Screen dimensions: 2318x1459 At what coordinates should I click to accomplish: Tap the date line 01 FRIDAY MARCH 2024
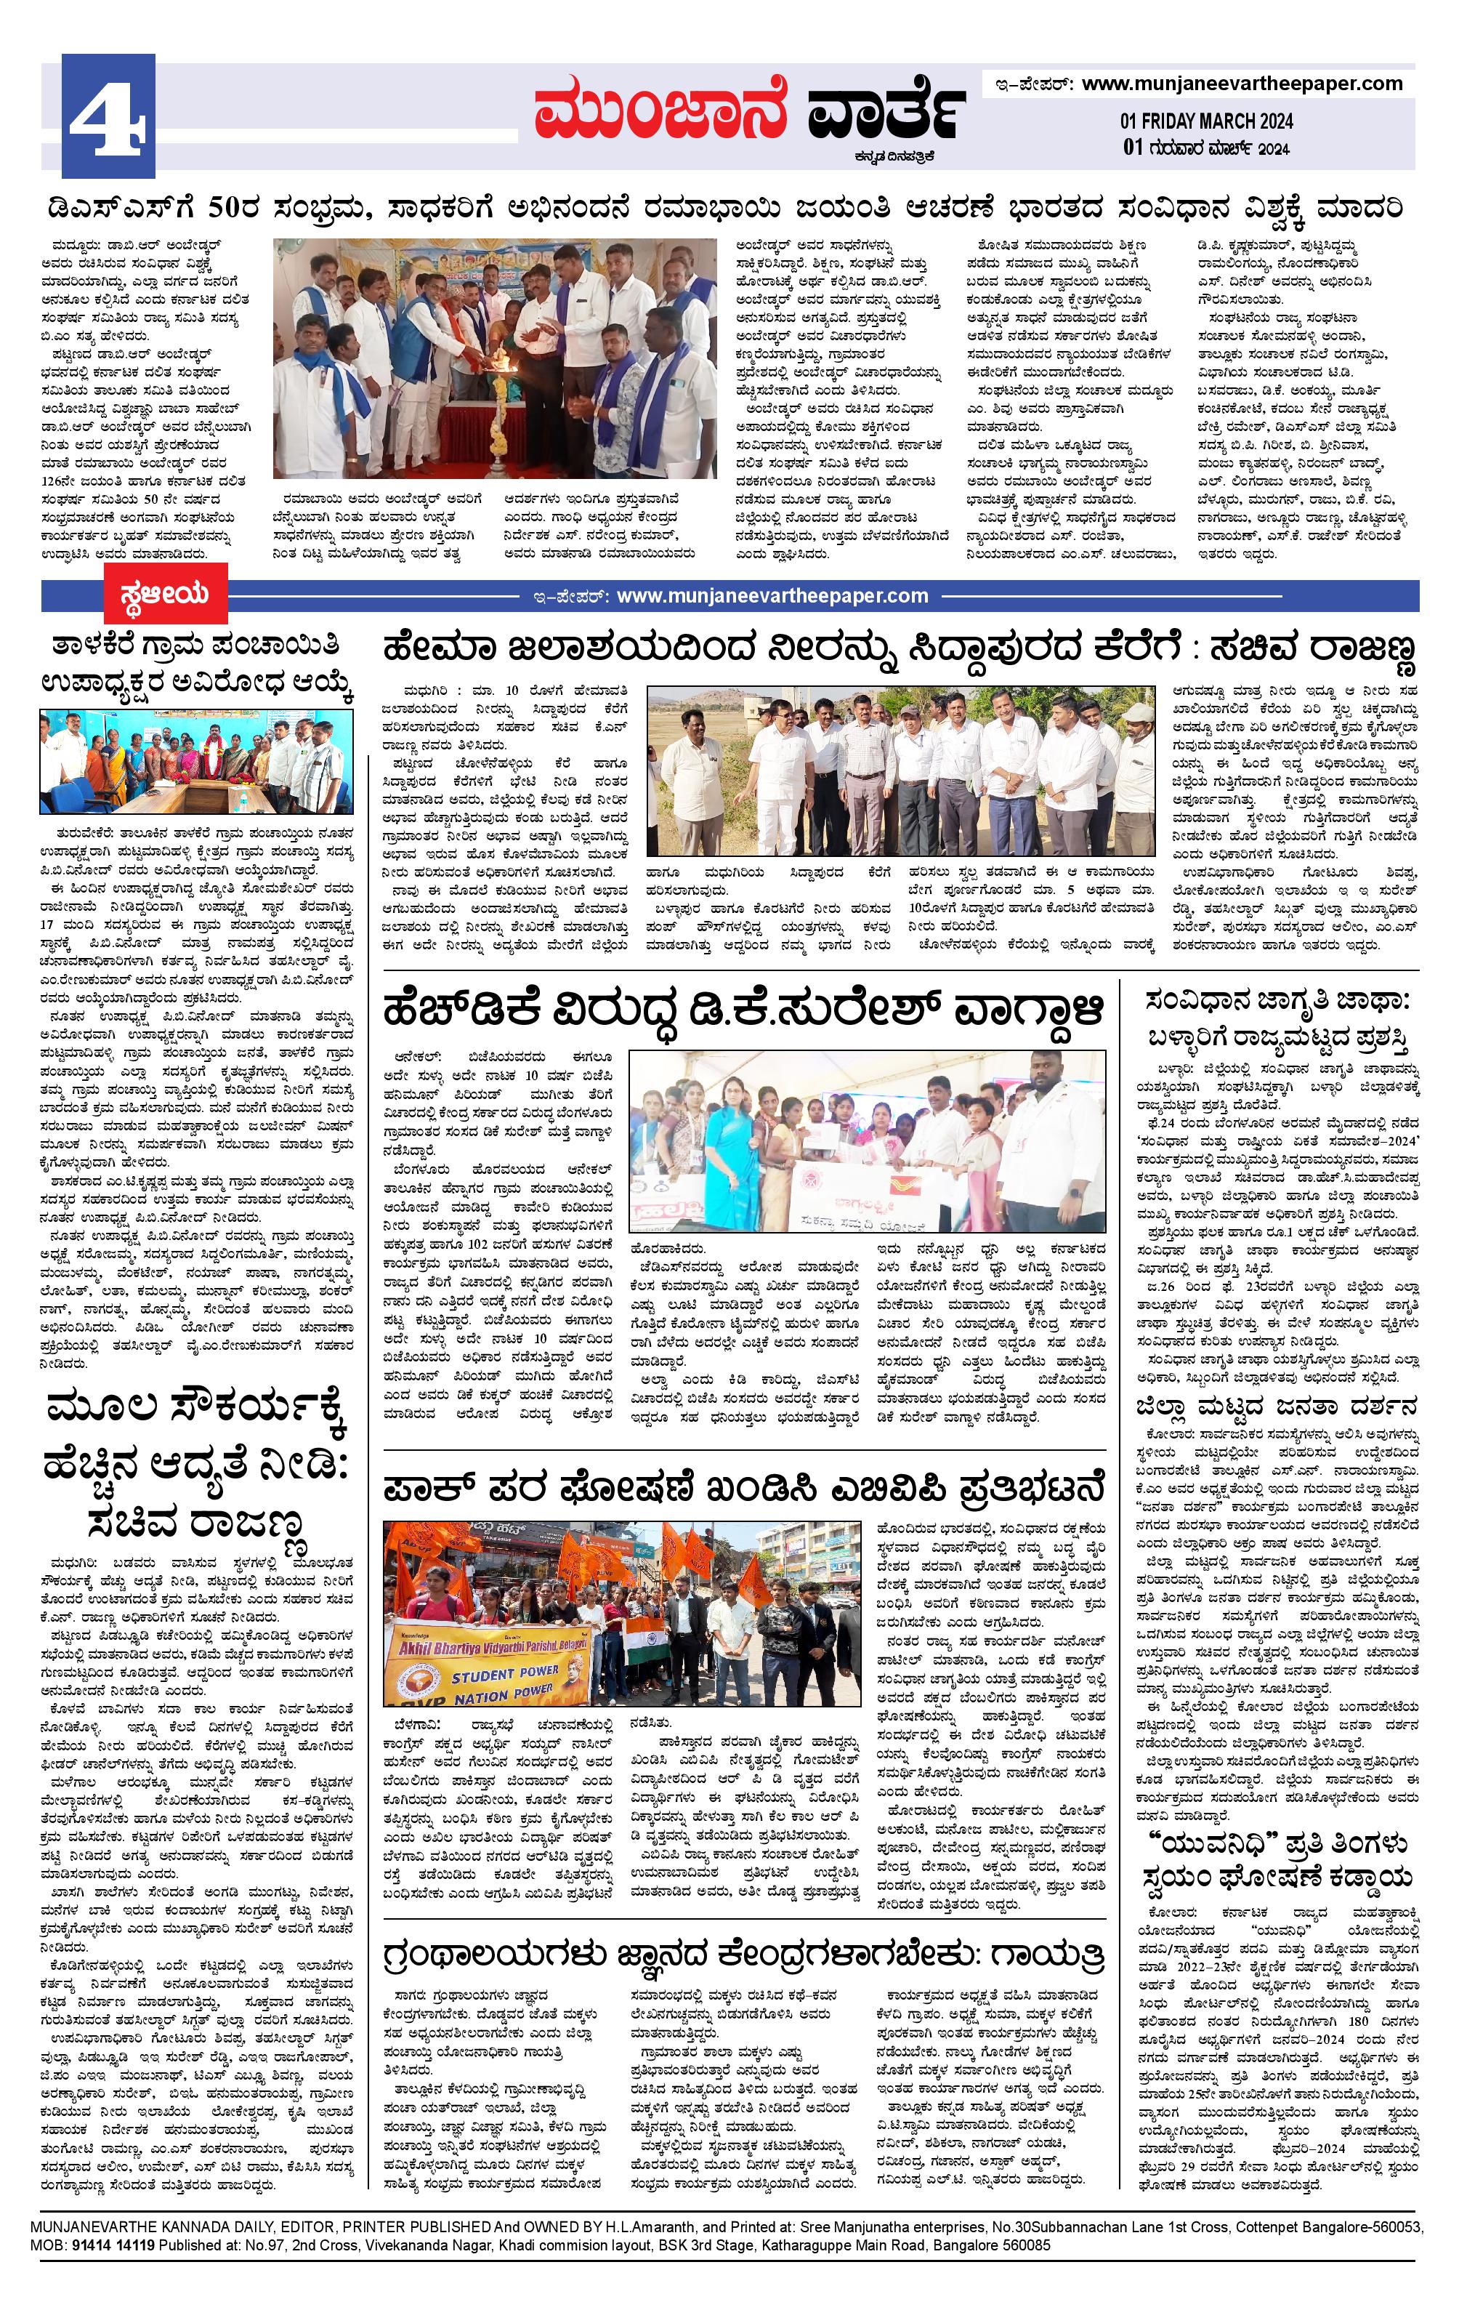(1206, 121)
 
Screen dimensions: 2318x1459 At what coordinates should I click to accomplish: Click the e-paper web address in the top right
(1242, 84)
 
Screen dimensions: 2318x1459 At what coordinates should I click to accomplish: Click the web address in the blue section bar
(772, 596)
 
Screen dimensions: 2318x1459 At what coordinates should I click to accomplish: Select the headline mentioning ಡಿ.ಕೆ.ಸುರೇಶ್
(741, 1013)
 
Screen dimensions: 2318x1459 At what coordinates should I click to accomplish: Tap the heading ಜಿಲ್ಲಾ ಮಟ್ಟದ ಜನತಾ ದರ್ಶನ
(1276, 1406)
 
